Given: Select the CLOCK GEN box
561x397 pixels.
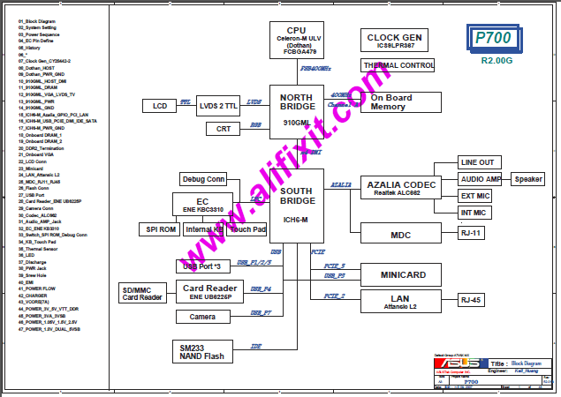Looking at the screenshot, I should point(394,40).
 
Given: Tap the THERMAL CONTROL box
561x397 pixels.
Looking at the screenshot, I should point(398,65).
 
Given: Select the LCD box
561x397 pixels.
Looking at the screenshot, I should point(160,106).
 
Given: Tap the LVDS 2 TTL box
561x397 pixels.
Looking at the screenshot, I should point(217,106).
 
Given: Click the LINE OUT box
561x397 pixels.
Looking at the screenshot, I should point(478,162).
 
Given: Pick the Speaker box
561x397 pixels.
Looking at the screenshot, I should point(528,179).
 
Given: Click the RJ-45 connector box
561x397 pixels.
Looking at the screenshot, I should point(477,301).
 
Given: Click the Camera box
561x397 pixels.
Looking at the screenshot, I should point(202,317).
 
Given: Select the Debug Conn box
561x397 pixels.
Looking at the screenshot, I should point(203,179).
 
